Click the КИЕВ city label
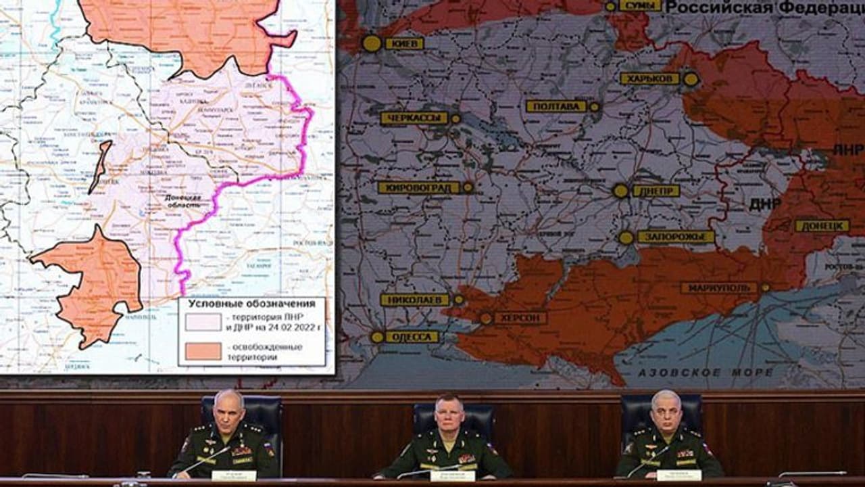(x=404, y=44)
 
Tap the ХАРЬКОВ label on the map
(x=649, y=78)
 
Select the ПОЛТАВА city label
(x=556, y=106)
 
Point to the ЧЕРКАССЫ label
(x=414, y=118)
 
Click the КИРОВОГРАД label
(x=418, y=187)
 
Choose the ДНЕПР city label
(x=656, y=191)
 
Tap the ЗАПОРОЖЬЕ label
(x=675, y=237)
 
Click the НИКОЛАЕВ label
(x=415, y=300)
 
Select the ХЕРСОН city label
(x=520, y=318)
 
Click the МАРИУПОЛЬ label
(x=718, y=288)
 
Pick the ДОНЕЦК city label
(x=822, y=226)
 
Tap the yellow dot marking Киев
(x=372, y=43)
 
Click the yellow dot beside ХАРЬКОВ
(x=691, y=79)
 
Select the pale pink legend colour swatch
(x=203, y=322)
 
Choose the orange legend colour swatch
(x=203, y=352)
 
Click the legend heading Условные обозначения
(x=251, y=304)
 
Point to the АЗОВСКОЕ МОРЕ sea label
(x=706, y=373)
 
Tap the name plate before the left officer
(x=234, y=476)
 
